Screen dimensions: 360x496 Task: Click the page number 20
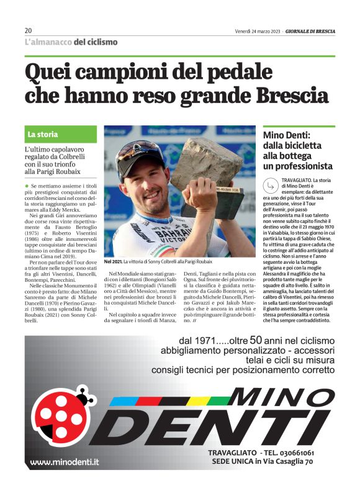tap(28, 30)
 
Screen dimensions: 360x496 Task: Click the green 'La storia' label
tap(43, 134)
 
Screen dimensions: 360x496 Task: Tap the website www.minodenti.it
tap(65, 462)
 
